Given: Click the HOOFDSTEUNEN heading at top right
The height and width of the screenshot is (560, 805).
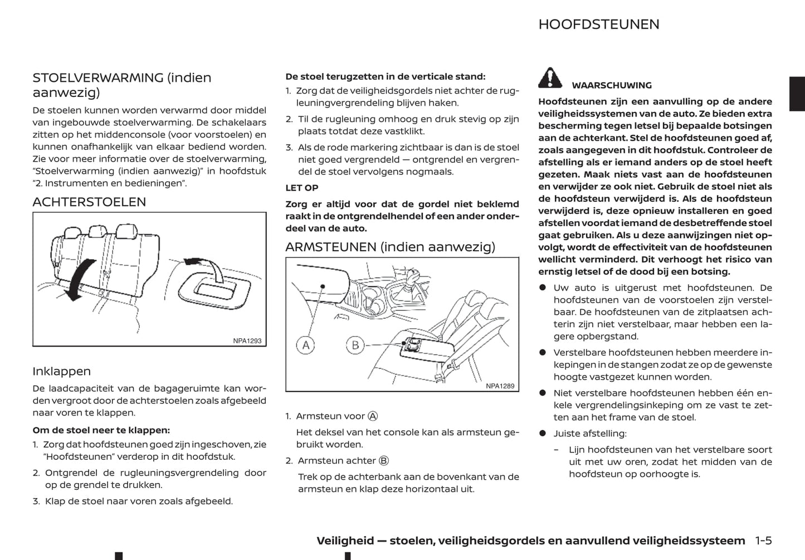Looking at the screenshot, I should coord(598,25).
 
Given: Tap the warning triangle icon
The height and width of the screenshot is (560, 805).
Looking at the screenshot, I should coord(550,78).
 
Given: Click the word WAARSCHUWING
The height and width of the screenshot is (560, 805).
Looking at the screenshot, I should coord(611,85).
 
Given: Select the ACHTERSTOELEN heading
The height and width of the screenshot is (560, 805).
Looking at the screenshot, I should coord(89,202).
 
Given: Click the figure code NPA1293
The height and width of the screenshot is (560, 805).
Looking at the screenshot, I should coord(247,341).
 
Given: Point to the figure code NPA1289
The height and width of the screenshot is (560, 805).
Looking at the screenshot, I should coord(500,386).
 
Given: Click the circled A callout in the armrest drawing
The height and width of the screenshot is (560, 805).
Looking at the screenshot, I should coord(305,345).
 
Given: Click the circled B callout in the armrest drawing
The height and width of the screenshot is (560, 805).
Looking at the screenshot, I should coord(355,345).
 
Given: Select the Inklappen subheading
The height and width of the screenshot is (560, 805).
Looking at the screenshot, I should coord(61,371).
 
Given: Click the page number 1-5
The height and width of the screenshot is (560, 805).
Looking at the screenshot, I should coord(763,540).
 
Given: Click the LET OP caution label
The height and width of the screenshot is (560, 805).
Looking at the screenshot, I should coord(301,188).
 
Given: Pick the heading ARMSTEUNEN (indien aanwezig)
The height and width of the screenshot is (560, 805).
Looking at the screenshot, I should coord(390,247).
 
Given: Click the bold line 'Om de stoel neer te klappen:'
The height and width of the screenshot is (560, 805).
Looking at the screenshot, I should coord(101,430).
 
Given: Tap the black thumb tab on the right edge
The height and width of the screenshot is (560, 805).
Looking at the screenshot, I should coord(797,94).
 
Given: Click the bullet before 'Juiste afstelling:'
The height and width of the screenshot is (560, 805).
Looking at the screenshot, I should coord(542,434).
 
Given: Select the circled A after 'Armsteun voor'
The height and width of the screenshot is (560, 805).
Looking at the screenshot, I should coord(373,416).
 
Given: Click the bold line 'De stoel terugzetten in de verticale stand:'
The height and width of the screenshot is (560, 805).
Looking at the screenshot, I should coord(385,76).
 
